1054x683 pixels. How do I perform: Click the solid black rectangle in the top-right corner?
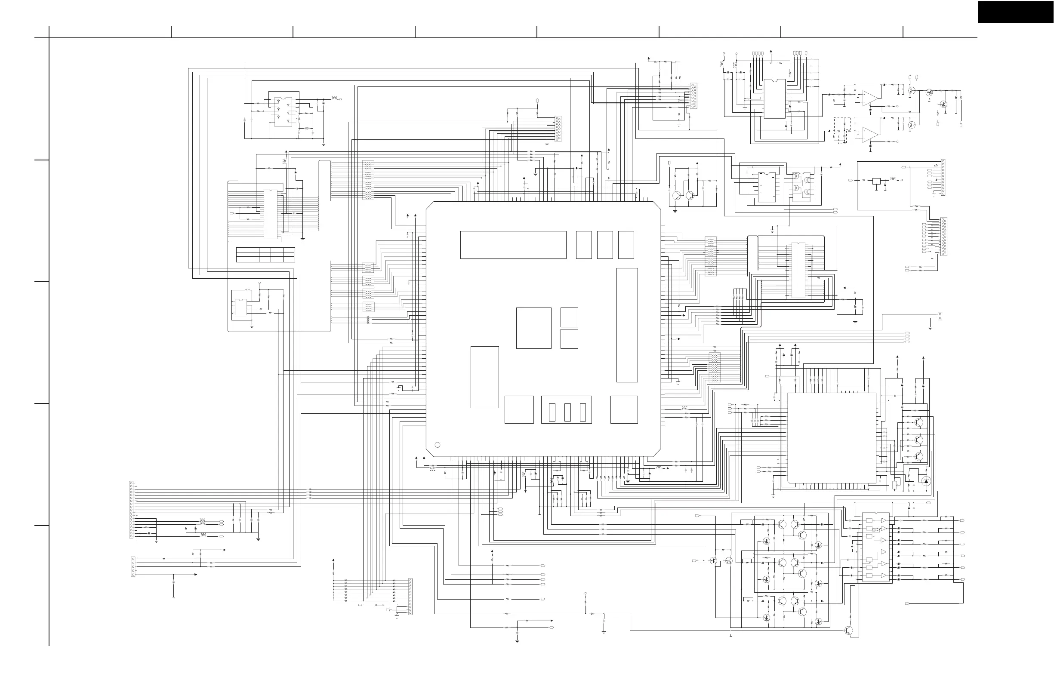pyautogui.click(x=1015, y=12)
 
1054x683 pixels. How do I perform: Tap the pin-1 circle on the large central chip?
pyautogui.click(x=438, y=445)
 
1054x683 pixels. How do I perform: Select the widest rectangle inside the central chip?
pyautogui.click(x=513, y=245)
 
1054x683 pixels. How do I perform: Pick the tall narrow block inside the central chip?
pyautogui.click(x=627, y=325)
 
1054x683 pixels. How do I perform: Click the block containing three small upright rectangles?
pyautogui.click(x=567, y=410)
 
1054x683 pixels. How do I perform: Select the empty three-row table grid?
pyautogui.click(x=265, y=255)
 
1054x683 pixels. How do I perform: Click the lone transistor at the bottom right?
pyautogui.click(x=849, y=631)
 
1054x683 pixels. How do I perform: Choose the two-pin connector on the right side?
pyautogui.click(x=940, y=316)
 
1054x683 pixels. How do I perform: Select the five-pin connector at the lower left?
pyautogui.click(x=133, y=566)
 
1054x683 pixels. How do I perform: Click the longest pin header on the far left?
pyautogui.click(x=131, y=510)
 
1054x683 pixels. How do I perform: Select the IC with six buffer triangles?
pyautogui.click(x=875, y=548)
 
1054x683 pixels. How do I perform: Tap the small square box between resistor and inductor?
pyautogui.click(x=876, y=181)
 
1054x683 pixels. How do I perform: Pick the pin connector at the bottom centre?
pyautogui.click(x=410, y=596)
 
